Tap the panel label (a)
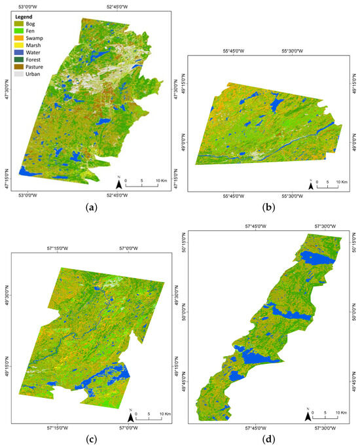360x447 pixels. [92, 207]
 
